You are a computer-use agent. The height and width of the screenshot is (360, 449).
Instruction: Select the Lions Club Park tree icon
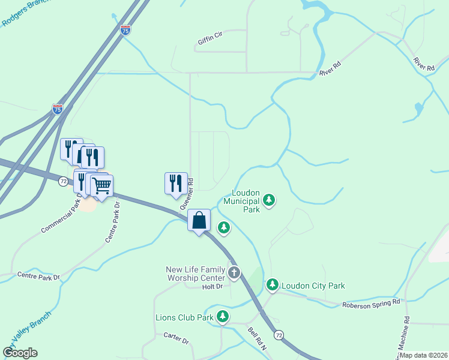pos(223,316)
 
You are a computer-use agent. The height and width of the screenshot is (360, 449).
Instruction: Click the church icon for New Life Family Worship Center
pos(234,274)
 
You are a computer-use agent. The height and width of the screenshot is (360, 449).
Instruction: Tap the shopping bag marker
pos(199,220)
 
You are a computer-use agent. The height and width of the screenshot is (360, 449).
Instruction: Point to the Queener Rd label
pos(186,194)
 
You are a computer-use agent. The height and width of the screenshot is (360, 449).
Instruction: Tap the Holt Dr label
pos(212,287)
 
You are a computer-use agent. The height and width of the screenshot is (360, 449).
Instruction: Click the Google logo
pos(20,352)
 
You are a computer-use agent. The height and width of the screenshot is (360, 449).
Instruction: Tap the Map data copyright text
pos(422,355)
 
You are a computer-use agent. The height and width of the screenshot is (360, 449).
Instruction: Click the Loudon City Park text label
pos(313,286)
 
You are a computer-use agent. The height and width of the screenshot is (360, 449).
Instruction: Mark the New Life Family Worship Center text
pos(195,274)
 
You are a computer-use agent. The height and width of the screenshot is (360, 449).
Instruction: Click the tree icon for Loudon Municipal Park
pos(270,199)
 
